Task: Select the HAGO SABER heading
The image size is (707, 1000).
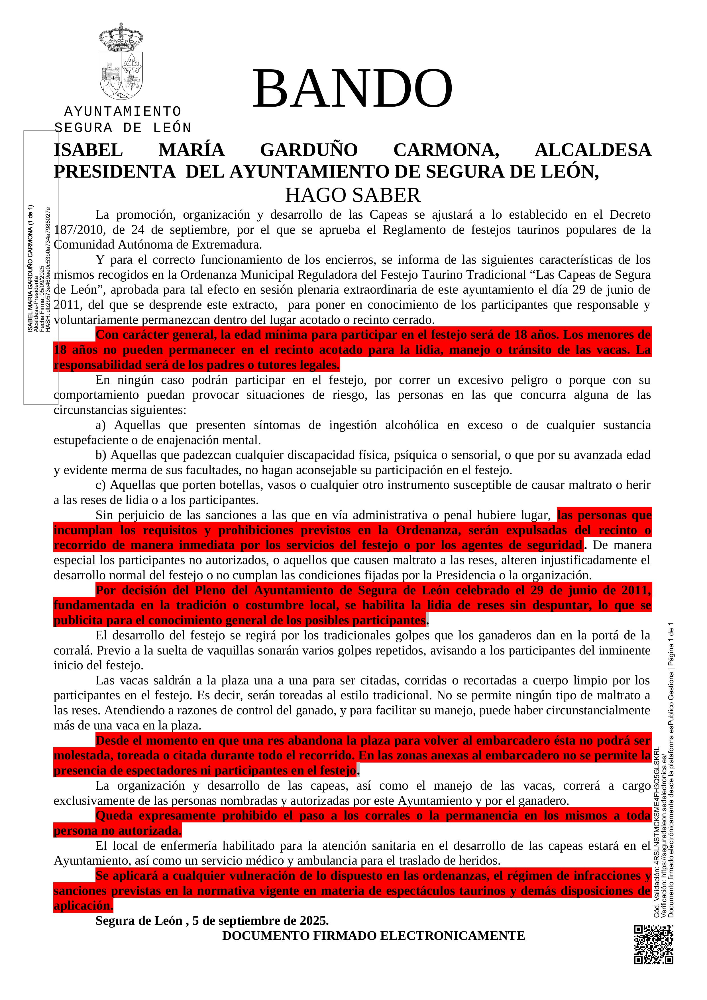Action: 353,195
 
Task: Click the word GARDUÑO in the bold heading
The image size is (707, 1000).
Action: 309,150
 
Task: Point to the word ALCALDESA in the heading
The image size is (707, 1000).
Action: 592,150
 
